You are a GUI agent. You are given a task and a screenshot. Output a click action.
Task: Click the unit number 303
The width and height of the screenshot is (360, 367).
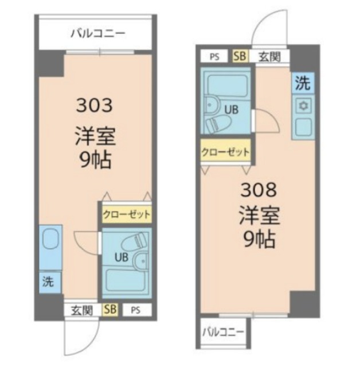(95, 106)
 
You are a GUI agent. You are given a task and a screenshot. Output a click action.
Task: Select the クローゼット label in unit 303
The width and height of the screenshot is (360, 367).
(127, 214)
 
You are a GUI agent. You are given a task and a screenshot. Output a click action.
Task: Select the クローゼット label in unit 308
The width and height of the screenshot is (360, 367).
(225, 153)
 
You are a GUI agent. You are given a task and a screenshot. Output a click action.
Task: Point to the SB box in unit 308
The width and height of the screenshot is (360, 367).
(239, 56)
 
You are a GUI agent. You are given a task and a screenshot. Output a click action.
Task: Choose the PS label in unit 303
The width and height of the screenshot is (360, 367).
(135, 310)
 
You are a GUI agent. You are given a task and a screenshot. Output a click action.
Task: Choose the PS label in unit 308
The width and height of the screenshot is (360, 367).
(214, 56)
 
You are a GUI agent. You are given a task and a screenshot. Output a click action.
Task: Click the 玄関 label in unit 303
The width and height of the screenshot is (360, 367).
(82, 310)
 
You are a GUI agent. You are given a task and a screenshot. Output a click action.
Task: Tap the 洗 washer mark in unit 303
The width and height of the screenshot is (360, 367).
(50, 282)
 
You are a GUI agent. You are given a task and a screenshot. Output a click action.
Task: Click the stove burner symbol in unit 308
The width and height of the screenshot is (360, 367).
(303, 105)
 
